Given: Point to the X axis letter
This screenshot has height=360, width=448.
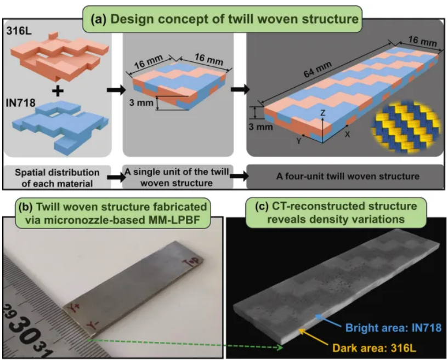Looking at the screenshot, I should point(347,134).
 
